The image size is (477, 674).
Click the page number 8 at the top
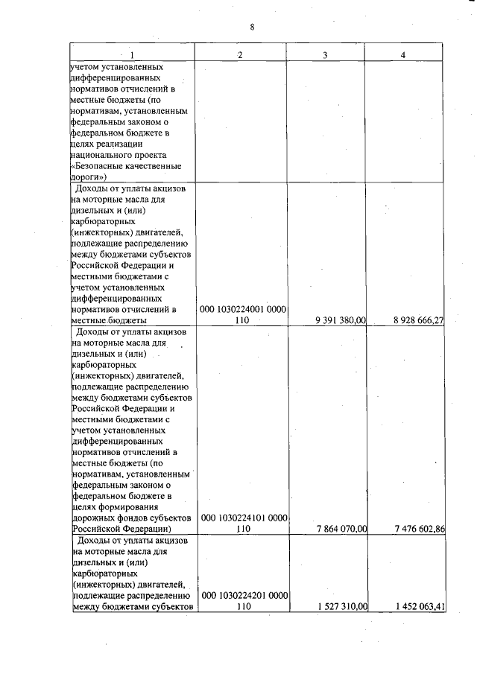(253, 28)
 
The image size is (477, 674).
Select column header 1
(132, 54)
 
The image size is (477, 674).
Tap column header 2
(240, 54)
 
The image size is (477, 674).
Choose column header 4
(403, 54)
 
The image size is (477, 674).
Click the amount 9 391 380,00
(341, 321)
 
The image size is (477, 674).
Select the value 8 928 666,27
(419, 321)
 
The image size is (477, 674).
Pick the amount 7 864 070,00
(341, 530)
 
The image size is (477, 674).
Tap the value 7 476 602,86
(419, 530)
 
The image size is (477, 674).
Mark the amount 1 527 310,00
(341, 607)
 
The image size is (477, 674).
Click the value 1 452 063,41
(419, 607)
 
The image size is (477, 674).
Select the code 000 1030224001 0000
(244, 309)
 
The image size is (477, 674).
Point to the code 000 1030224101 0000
(244, 518)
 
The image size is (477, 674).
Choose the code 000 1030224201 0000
(244, 595)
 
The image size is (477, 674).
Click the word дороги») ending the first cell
(90, 177)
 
